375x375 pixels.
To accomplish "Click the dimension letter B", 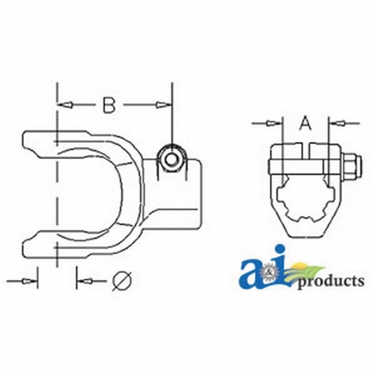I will [x=109, y=105].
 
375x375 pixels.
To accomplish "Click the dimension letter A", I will [x=305, y=124].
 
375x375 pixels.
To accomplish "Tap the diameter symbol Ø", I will [x=121, y=281].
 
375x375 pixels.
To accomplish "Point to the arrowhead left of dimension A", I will [x=270, y=123].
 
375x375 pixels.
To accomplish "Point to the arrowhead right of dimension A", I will [x=339, y=123].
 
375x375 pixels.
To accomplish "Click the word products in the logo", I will [x=331, y=281].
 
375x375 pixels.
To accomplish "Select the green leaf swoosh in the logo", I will [x=307, y=271].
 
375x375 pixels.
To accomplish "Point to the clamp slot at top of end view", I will [x=305, y=150].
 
